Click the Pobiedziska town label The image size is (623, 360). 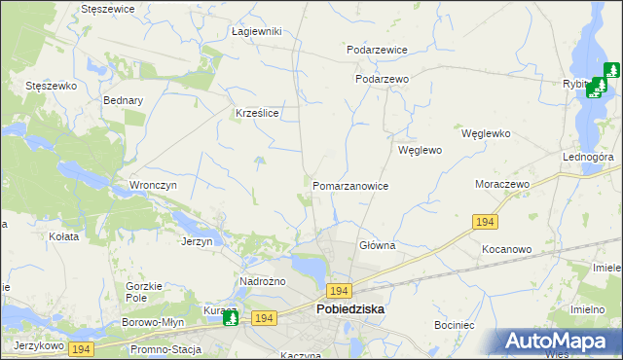pos(350,309)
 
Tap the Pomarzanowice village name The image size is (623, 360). pos(350,186)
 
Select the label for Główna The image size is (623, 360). pos(377,246)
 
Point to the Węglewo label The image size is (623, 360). pos(421,151)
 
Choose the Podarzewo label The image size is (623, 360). pos(382,80)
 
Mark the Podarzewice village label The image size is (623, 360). pos(377,50)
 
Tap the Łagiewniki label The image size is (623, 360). pos(256,31)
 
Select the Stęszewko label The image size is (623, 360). pos(51,86)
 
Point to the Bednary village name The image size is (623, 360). pos(124,100)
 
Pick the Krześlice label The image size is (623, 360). pos(258,114)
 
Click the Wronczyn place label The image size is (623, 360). pos(153,184)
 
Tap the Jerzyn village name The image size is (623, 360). pos(197,241)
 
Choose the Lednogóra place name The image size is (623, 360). pos(586,157)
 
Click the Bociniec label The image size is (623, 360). pos(454,324)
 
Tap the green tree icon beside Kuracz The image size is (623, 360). pos(231,317)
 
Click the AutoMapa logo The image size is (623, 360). pos(559,342)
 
